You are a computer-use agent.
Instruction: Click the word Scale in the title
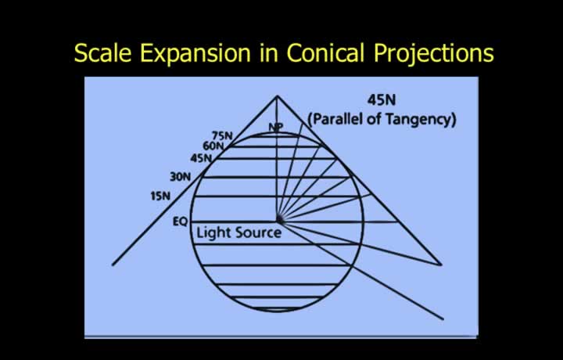click(102, 52)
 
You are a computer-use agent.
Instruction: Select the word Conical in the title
click(325, 52)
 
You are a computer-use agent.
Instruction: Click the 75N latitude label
click(222, 136)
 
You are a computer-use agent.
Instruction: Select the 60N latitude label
click(213, 146)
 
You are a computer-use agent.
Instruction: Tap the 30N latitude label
click(181, 177)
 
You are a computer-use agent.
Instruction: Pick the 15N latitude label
click(160, 196)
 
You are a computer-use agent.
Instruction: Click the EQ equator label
click(181, 221)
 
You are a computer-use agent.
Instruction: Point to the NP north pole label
click(276, 127)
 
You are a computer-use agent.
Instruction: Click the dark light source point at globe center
click(279, 219)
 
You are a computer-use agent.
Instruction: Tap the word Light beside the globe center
click(213, 233)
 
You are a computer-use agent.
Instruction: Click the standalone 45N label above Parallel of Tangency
click(382, 100)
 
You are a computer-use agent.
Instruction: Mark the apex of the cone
click(277, 96)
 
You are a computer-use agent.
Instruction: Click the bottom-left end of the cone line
click(113, 265)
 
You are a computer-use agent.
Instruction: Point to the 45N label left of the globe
click(201, 158)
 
